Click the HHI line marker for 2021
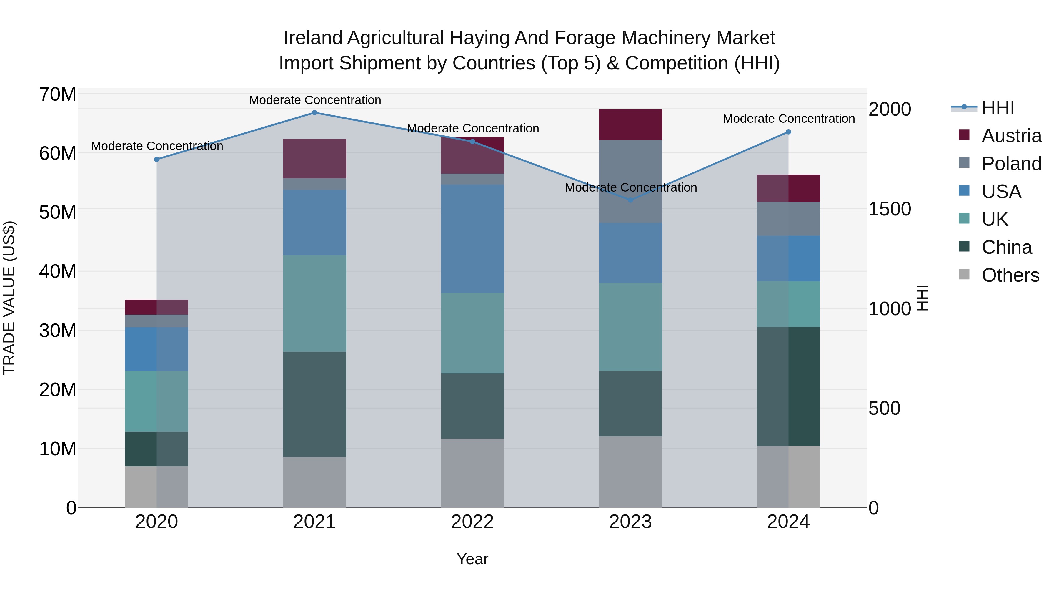click(314, 113)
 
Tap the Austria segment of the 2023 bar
click(630, 124)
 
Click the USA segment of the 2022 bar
click(472, 239)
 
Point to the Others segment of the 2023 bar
click(630, 472)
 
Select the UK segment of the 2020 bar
click(156, 401)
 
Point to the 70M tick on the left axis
click(58, 94)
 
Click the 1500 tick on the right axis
click(889, 209)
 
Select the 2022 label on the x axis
click(472, 522)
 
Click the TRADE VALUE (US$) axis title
click(9, 298)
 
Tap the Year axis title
click(472, 559)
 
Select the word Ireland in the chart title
click(312, 38)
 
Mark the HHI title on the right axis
click(922, 298)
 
